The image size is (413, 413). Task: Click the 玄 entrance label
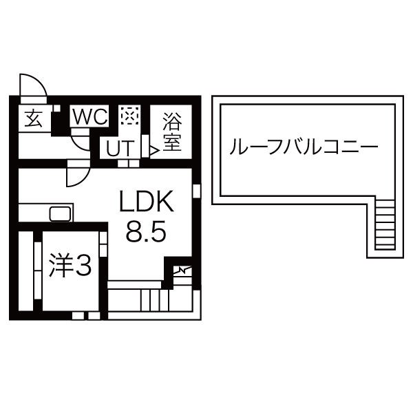(34, 118)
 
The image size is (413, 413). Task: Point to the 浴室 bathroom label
(172, 131)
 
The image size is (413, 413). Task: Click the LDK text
(147, 201)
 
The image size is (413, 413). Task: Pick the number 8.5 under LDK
(146, 231)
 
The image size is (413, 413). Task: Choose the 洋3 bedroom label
(70, 265)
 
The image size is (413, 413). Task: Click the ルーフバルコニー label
(304, 146)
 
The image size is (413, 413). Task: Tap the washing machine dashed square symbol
(130, 116)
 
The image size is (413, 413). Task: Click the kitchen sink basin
(60, 213)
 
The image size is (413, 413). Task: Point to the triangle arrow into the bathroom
(154, 151)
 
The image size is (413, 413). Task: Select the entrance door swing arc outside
(33, 85)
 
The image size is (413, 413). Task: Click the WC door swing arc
(81, 140)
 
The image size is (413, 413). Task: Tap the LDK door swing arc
(78, 174)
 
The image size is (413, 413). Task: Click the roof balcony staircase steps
(385, 224)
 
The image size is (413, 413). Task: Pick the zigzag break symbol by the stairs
(182, 270)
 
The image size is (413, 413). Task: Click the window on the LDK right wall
(196, 191)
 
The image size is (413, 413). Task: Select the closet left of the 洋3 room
(26, 271)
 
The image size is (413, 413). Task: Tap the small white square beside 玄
(57, 108)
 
